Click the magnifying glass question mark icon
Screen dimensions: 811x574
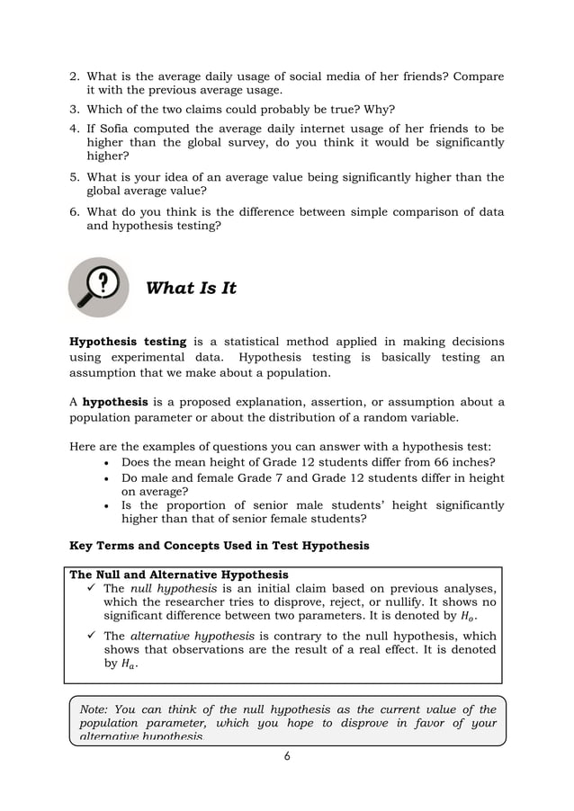[99, 287]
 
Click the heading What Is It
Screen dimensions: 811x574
[191, 288]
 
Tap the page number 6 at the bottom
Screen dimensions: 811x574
[287, 756]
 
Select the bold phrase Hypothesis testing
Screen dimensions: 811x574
[128, 342]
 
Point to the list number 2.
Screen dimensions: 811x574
[75, 76]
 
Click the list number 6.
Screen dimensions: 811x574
[75, 212]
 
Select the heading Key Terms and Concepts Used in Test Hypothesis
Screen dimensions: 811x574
[219, 545]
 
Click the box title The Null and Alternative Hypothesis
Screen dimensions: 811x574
[179, 574]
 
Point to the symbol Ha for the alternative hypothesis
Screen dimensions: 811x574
[130, 664]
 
